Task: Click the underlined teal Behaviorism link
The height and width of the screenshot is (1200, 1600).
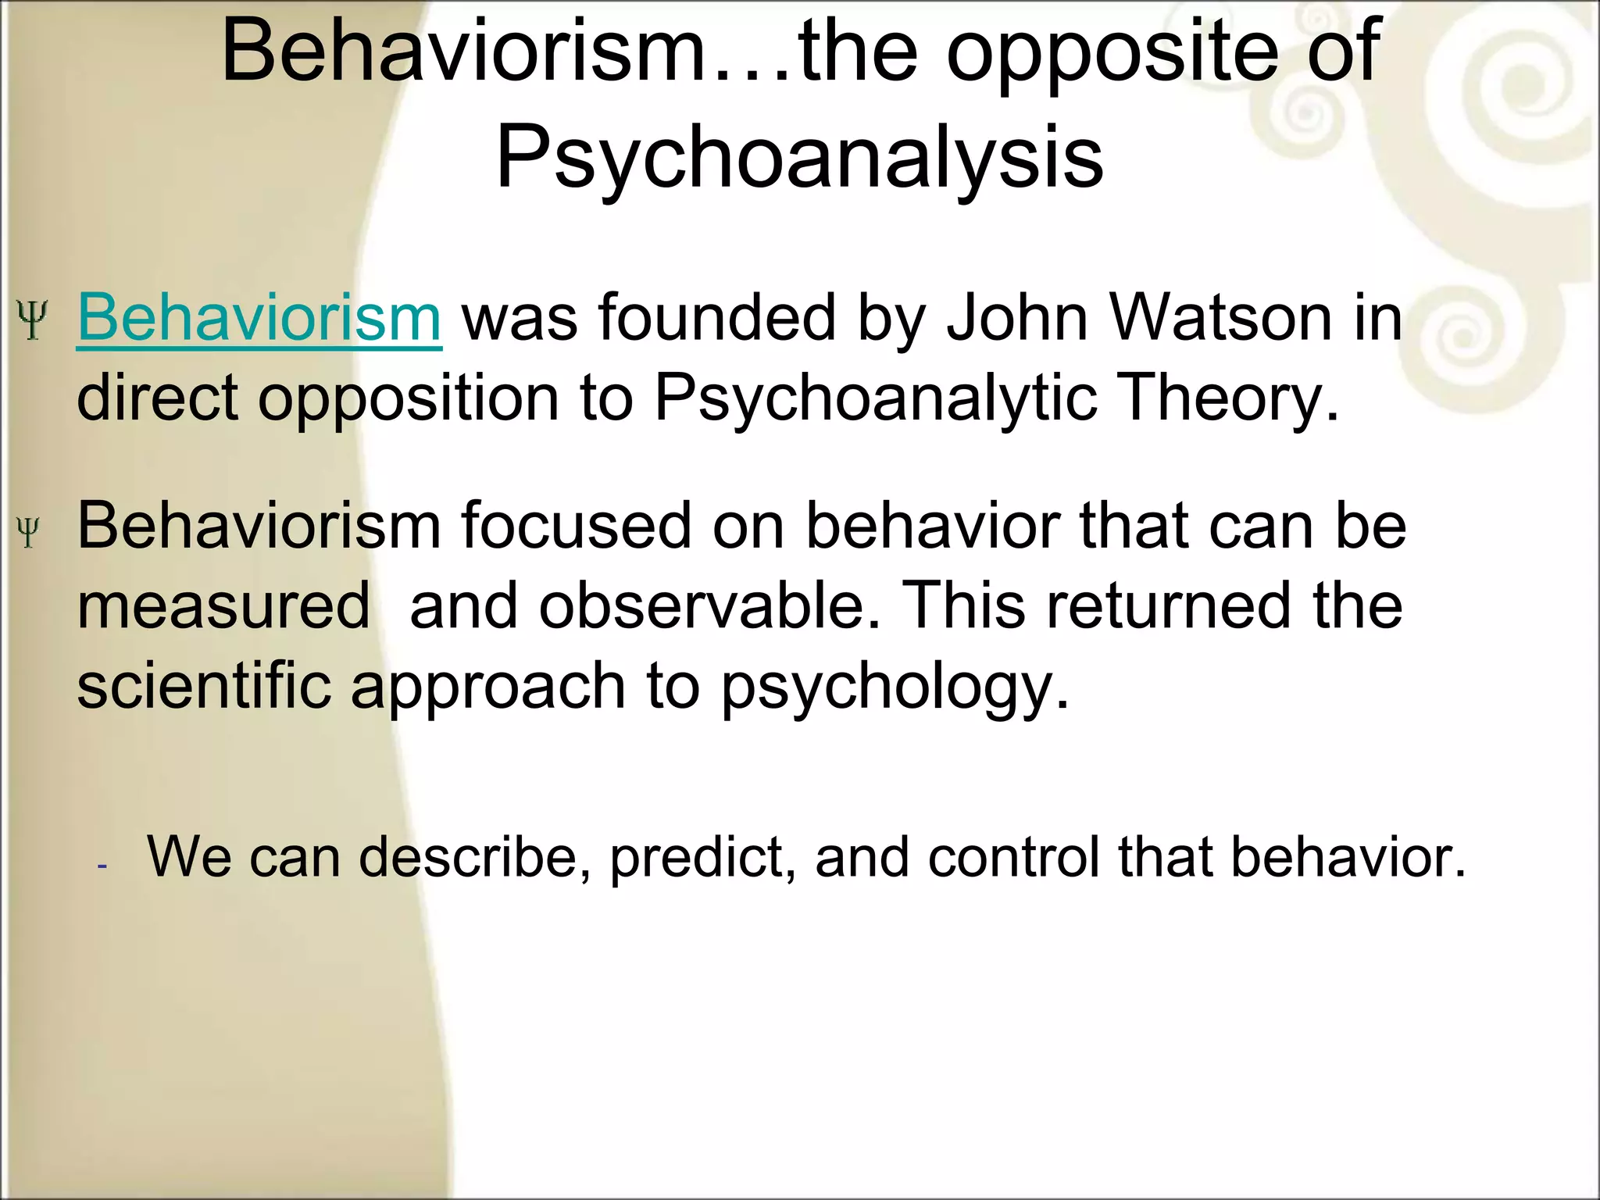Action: [x=259, y=318]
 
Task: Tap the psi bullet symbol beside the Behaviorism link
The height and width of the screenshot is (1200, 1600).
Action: [x=32, y=320]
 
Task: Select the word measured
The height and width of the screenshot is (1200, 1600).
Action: [x=223, y=606]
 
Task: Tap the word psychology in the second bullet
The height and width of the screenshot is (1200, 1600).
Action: [x=894, y=686]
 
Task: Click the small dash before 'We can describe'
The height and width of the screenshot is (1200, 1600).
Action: [x=102, y=866]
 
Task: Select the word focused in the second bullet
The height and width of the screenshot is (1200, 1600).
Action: [x=577, y=525]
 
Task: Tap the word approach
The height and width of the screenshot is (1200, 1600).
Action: [x=488, y=686]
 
